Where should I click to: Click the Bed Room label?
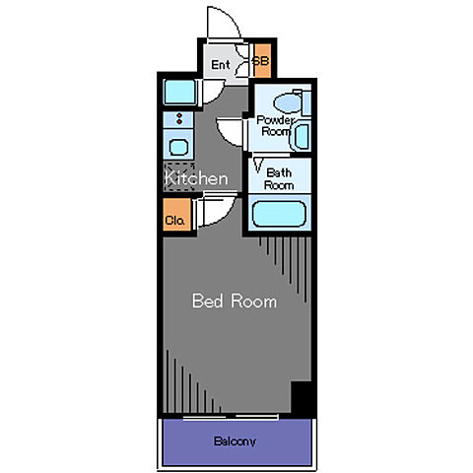pyautogui.click(x=235, y=301)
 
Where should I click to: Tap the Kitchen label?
pyautogui.click(x=196, y=178)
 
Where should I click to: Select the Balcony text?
pyautogui.click(x=235, y=441)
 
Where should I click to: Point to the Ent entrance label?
pyautogui.click(x=221, y=65)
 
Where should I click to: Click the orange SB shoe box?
pyautogui.click(x=263, y=61)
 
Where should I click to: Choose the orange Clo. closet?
pyautogui.click(x=177, y=214)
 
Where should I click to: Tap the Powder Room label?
pyautogui.click(x=275, y=126)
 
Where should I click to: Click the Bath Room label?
pyautogui.click(x=279, y=179)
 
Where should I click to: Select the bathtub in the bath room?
pyautogui.click(x=279, y=214)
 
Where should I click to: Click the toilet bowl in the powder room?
pyautogui.click(x=288, y=102)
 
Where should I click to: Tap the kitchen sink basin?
pyautogui.click(x=178, y=147)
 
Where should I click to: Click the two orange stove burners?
pyautogui.click(x=179, y=118)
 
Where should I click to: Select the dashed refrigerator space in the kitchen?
pyautogui.click(x=179, y=176)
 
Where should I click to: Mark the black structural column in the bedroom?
pyautogui.click(x=302, y=397)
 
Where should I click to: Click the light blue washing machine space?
pyautogui.click(x=179, y=92)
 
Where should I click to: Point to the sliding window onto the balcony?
pyautogui.click(x=231, y=417)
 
